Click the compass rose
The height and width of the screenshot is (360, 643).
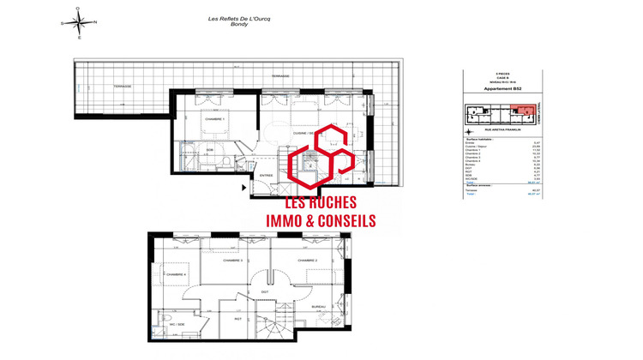tap(79, 22)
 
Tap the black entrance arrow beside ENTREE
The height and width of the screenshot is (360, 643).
tap(245, 186)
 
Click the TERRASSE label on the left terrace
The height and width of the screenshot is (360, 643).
tap(121, 86)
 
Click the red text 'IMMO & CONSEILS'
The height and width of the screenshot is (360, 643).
tap(321, 220)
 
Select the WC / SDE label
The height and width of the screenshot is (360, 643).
tap(177, 325)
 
